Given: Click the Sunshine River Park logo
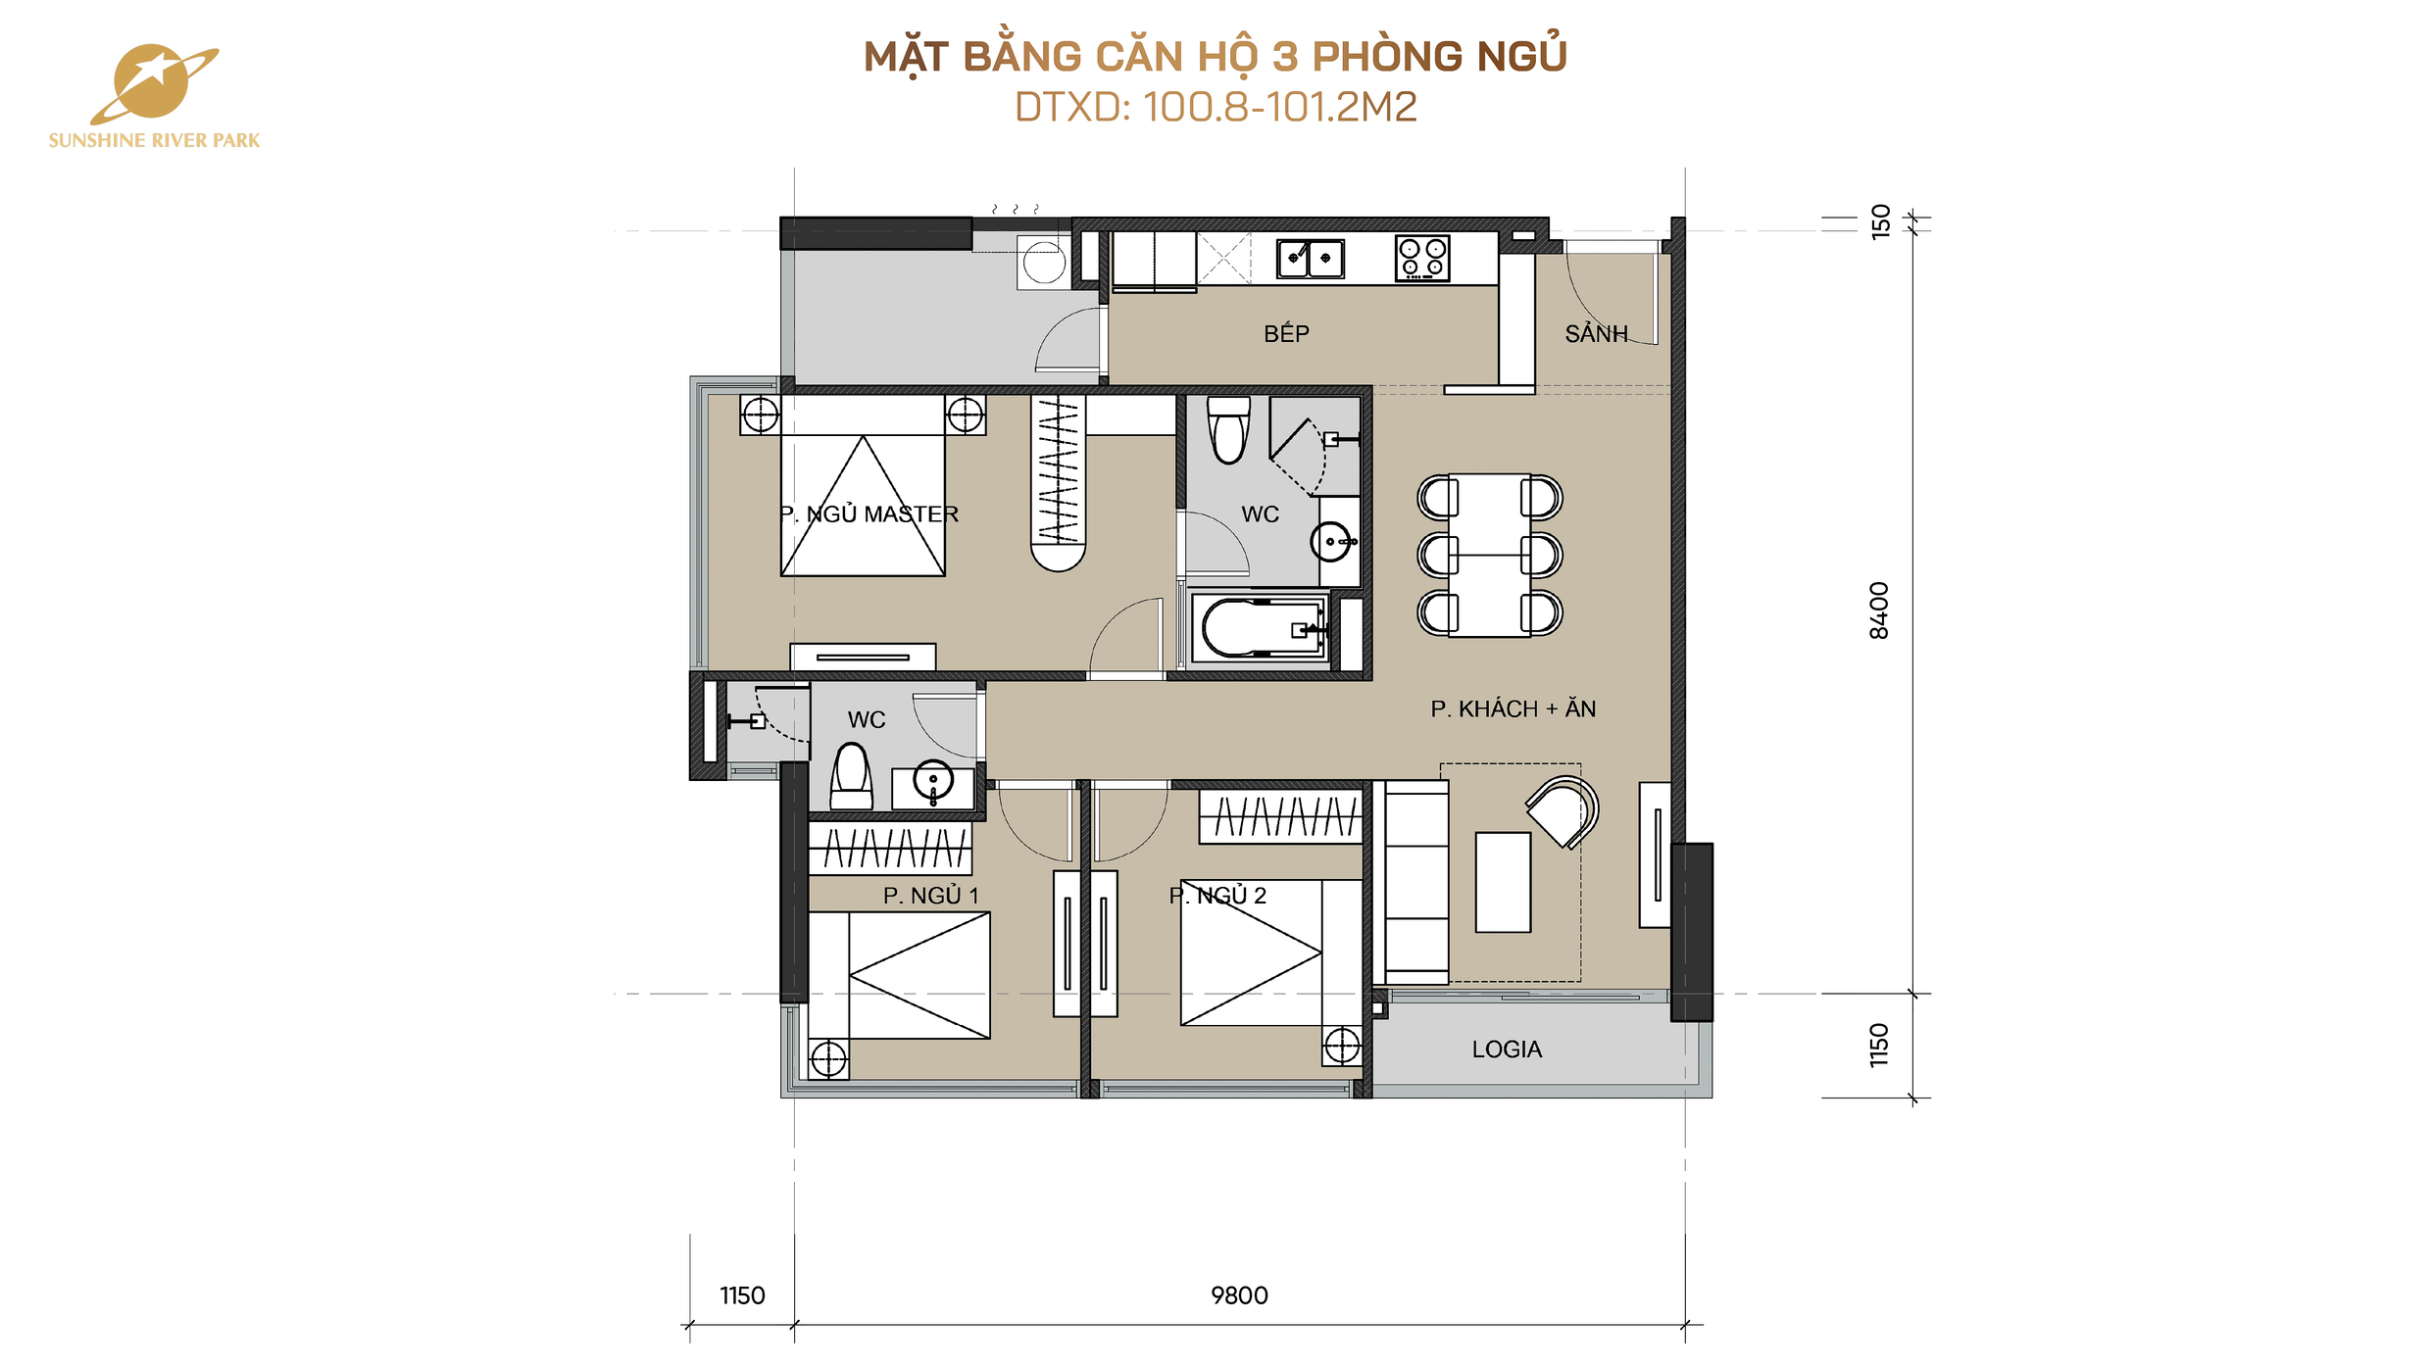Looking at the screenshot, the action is point(154,96).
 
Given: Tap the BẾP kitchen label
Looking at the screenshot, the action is point(1286,333).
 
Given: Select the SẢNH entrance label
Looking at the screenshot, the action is point(1596,333).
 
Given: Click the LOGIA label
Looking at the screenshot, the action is point(1507,1050).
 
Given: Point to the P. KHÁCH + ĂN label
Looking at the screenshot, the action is point(1513,708).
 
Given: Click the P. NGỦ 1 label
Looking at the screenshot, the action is point(930,896).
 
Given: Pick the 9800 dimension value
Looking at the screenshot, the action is point(1239,1295).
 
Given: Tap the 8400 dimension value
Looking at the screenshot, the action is point(1878,610).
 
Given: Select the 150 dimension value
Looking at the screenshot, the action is point(1880,221).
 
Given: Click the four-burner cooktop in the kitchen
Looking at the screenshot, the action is point(1422,258).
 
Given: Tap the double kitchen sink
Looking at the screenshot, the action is point(1310,259).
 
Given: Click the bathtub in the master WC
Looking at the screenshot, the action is point(1261,627).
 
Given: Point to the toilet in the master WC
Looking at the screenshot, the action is point(1229,429).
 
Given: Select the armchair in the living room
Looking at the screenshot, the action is point(1563,811).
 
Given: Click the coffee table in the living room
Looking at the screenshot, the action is point(1503,882).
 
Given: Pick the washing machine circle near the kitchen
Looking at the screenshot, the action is point(1044,263).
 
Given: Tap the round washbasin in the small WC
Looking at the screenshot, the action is point(933,781).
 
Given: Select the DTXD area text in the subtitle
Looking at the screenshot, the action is point(1216,107).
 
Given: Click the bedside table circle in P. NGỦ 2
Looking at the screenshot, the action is point(1342,1046).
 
